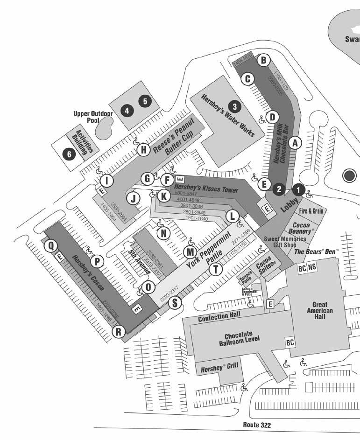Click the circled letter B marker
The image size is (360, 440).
point(263,60)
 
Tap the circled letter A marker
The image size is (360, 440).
point(294,144)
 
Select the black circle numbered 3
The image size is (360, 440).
point(235,106)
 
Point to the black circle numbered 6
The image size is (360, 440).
point(70,153)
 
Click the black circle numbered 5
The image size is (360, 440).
point(145,100)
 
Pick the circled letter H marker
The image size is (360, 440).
point(144,150)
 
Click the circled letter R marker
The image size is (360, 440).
point(119,332)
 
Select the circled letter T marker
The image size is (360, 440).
point(215,269)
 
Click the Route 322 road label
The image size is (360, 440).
point(257,425)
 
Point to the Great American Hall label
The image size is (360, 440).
point(320,311)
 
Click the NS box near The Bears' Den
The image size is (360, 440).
point(312,267)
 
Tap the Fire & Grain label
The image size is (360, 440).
point(311,210)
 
